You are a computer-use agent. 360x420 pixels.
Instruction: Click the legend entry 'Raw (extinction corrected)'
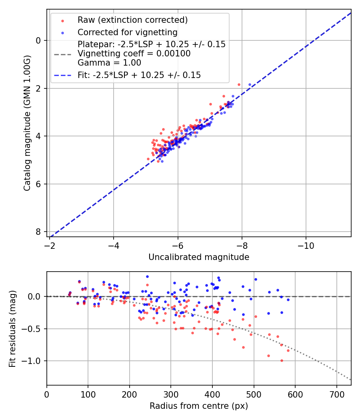132,20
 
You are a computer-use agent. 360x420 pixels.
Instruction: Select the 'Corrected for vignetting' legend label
127,32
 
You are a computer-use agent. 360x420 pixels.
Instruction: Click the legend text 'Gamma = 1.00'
109,63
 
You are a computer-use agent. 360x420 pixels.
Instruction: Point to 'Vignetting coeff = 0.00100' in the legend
134,54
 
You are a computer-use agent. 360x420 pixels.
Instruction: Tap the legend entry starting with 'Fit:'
139,75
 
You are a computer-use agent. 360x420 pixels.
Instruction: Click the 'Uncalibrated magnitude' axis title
199,257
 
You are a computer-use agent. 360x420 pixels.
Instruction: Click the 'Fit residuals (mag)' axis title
12,328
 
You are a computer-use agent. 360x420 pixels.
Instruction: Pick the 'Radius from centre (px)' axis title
199,406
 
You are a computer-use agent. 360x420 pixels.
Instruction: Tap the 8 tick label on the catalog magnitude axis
38,232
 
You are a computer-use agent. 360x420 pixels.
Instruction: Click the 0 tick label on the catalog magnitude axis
38,40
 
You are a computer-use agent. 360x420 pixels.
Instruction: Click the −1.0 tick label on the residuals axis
32,361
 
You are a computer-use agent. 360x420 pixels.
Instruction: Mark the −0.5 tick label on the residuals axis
32,329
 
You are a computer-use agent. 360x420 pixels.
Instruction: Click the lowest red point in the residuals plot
282,360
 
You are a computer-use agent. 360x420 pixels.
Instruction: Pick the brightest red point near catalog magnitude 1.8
239,84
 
